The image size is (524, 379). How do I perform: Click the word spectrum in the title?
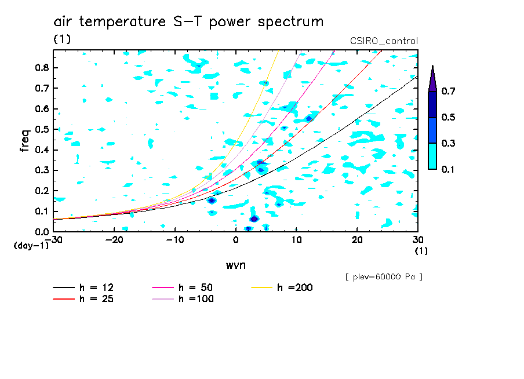290,22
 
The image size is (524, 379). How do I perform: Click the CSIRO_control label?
384,41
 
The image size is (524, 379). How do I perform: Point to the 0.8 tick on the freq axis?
42,67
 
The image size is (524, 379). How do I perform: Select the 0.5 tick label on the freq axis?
42,129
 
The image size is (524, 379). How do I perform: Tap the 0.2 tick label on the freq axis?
42,191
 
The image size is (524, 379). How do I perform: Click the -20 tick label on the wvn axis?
114,240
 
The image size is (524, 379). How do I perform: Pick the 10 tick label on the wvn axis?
296,240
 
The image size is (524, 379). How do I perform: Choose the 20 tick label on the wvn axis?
357,240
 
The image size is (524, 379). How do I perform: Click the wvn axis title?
236,265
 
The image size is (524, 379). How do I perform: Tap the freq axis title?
25,140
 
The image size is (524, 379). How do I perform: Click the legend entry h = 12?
83,287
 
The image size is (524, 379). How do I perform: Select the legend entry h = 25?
83,298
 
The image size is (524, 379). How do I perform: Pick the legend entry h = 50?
183,287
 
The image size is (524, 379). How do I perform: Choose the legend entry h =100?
183,298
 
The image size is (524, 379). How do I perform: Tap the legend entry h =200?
282,287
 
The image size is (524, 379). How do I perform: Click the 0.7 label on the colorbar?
448,91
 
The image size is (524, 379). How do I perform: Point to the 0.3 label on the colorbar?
448,143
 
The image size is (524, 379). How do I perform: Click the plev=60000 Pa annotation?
384,277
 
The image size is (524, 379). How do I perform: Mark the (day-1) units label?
31,246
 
